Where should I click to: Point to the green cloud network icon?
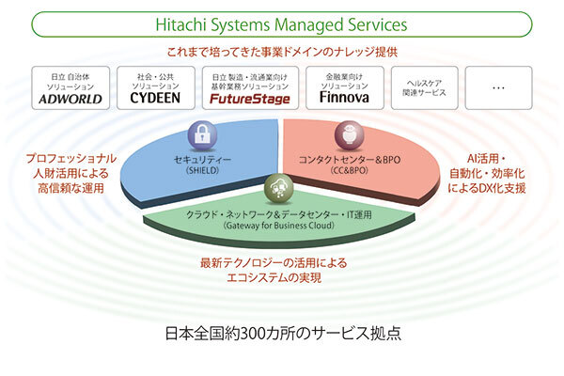279,185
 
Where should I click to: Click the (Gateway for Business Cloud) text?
279,227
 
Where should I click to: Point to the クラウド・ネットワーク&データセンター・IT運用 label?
279,213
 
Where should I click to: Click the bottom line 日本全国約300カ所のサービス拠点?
282,335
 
